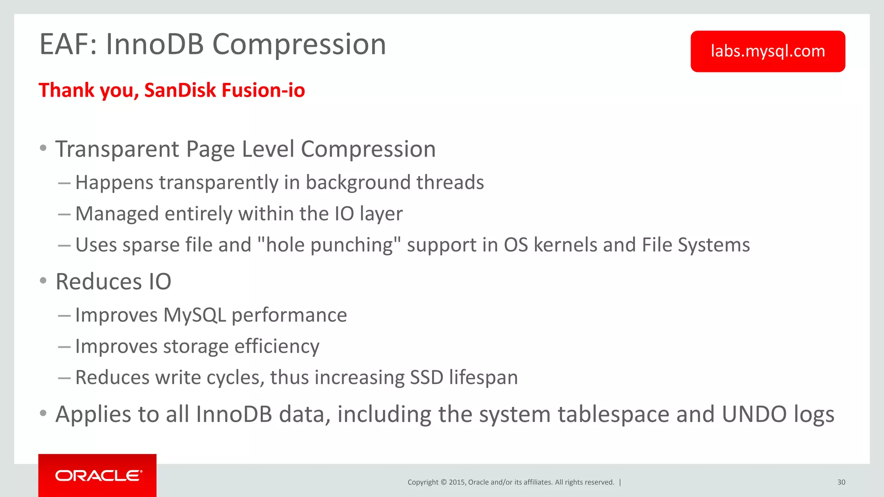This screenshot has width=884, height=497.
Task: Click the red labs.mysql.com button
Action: click(767, 51)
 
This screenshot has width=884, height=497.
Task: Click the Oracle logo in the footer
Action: click(98, 475)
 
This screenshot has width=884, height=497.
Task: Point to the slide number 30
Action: click(841, 482)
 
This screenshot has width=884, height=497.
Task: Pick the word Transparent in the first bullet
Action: click(117, 149)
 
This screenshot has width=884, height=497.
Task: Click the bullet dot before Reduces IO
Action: click(43, 281)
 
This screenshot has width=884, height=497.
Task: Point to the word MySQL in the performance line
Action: click(195, 315)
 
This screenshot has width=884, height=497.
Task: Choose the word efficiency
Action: click(277, 346)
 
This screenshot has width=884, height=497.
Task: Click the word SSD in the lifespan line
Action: click(426, 377)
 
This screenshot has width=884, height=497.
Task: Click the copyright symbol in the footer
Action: click(443, 482)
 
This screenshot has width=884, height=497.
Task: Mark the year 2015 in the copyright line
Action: click(456, 482)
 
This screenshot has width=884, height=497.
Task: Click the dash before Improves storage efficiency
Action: click(64, 347)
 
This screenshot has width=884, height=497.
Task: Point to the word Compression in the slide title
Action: click(299, 44)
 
